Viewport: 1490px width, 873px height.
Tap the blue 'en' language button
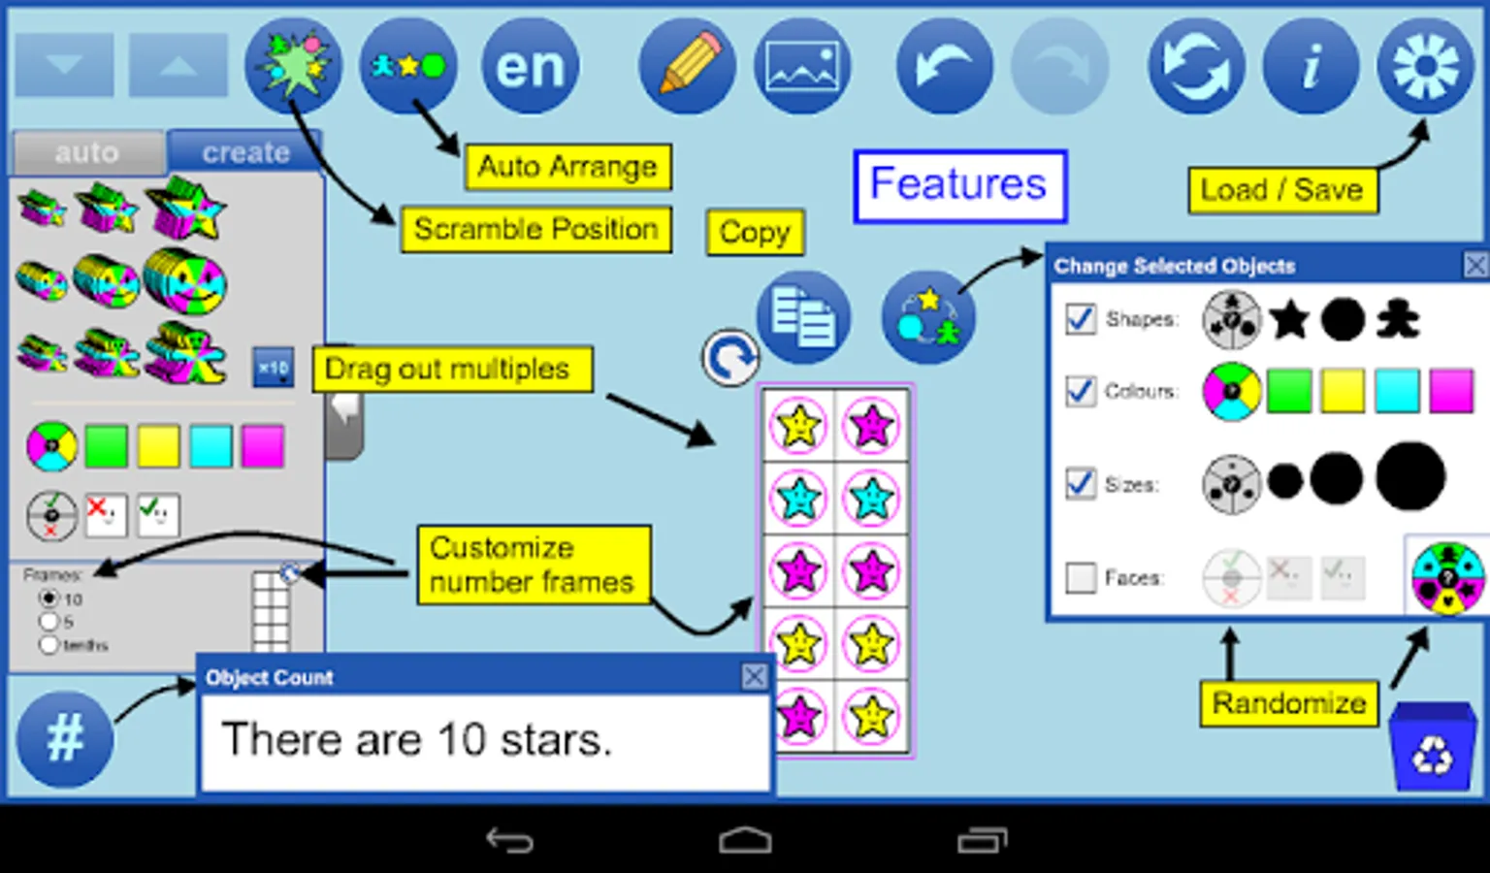pos(530,67)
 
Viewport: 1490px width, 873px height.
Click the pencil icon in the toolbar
pos(688,66)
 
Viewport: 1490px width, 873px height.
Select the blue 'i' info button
pos(1311,67)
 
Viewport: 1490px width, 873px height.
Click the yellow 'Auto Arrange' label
pos(567,167)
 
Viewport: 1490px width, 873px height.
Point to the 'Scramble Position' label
pos(535,230)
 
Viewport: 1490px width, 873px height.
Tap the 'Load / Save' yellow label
pos(1281,190)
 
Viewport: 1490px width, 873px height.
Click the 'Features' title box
pos(959,184)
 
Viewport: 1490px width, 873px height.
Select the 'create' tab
pos(245,152)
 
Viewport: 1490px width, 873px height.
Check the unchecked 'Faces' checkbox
pos(1081,578)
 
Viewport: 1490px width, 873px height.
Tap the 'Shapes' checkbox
pos(1081,319)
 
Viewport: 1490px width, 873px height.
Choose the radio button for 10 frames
pos(49,598)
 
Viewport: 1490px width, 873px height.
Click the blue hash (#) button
pos(65,738)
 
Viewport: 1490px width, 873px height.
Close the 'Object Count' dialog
pos(754,676)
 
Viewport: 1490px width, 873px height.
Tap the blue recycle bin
pos(1433,748)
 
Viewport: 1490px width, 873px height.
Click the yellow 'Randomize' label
pos(1288,703)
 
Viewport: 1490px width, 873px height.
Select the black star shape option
pos(1289,319)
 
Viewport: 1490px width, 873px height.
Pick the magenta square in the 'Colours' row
pos(1451,392)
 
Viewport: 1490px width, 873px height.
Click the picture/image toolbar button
pos(802,67)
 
